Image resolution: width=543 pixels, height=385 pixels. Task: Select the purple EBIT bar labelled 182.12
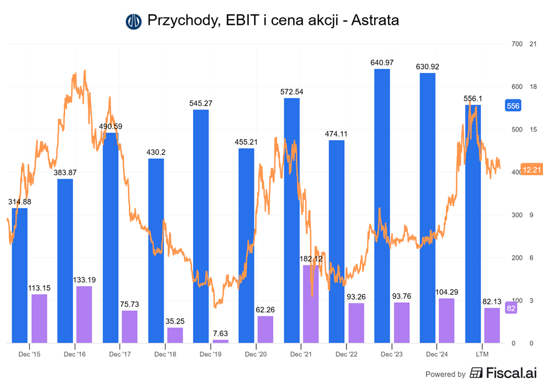coord(311,304)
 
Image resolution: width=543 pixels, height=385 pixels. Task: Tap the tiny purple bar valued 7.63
coord(220,341)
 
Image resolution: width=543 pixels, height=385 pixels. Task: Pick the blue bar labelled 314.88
coord(20,276)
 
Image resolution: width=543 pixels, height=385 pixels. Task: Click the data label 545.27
coord(201,103)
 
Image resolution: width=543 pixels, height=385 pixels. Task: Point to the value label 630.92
coord(428,67)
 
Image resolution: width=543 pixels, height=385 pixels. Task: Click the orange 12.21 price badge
coord(531,170)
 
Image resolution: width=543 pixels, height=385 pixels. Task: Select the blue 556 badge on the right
coord(513,106)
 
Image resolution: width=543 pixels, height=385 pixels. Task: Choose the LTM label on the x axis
coord(482,355)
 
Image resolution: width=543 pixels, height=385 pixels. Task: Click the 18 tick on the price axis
coord(533,87)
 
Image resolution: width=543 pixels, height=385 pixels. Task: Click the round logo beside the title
coord(133,21)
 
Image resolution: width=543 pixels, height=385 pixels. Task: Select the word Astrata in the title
coord(375,21)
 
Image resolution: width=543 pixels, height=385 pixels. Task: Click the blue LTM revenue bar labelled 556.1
coord(473,224)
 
